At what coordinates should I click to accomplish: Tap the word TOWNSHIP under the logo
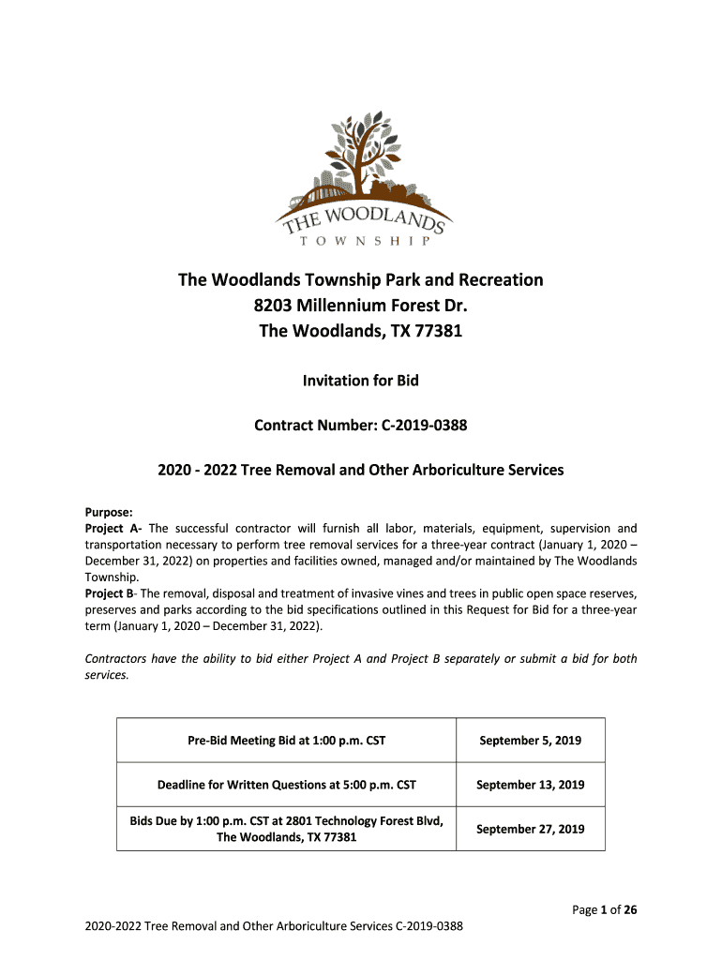(361, 241)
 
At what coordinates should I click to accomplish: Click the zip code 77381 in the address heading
(438, 331)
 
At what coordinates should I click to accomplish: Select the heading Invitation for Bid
(360, 381)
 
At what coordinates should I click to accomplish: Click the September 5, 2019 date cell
(530, 740)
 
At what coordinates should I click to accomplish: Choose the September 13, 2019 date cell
(530, 785)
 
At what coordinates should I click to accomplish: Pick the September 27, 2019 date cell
(530, 829)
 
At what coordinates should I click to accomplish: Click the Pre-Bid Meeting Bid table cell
(286, 740)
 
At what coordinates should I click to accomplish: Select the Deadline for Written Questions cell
(286, 785)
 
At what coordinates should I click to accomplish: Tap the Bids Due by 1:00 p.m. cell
(286, 829)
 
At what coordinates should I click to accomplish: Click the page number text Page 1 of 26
(606, 909)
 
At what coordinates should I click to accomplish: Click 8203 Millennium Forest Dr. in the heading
(360, 306)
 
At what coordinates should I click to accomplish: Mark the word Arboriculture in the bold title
(427, 470)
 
